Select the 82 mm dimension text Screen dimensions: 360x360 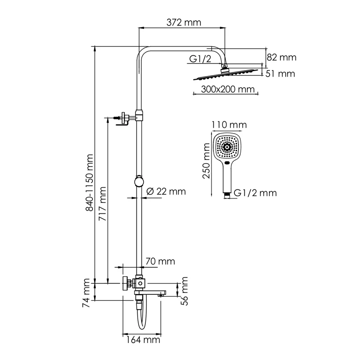pos(282,57)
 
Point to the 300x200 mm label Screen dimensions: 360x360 pos(221,89)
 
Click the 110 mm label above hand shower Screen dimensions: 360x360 pos(229,124)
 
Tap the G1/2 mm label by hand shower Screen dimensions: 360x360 pos(255,193)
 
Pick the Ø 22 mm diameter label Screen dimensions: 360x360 pos(166,191)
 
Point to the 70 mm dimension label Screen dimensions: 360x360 pos(160,261)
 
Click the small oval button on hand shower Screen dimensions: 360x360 pos(228,163)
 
